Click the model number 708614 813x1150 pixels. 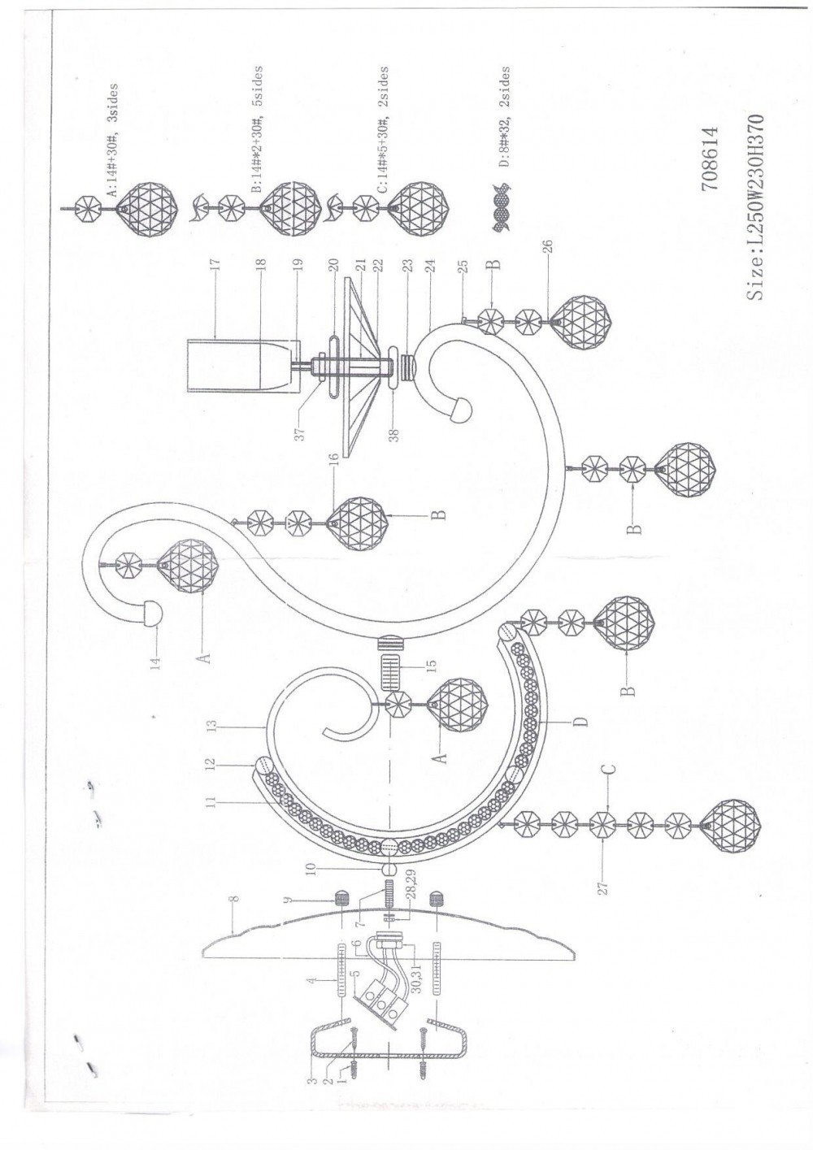coord(711,158)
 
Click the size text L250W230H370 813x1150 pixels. coord(754,207)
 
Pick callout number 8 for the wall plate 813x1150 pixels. coord(234,901)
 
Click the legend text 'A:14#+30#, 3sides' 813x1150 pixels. coord(112,140)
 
